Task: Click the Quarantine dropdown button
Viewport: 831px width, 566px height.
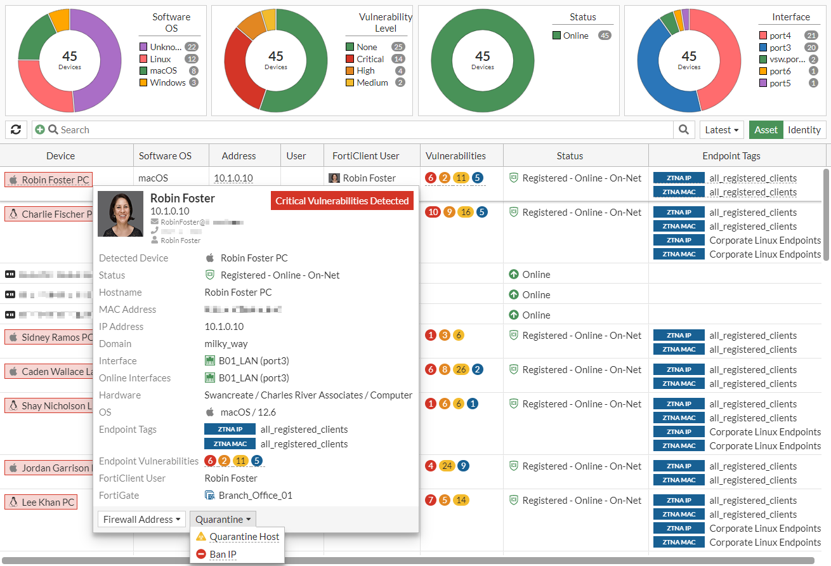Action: [223, 520]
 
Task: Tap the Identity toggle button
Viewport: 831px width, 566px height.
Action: [804, 130]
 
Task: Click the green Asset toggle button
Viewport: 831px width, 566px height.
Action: [766, 130]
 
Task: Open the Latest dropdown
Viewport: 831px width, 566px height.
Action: [721, 130]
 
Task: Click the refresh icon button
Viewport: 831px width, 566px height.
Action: [16, 130]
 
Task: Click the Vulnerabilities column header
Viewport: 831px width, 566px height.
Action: [455, 156]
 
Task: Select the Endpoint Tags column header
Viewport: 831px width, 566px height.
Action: [731, 156]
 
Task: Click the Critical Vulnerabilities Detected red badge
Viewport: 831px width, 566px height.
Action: [342, 201]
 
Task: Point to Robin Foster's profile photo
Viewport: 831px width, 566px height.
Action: [121, 214]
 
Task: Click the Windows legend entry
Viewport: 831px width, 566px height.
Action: [167, 82]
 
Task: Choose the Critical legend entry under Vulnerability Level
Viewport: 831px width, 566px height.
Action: [370, 59]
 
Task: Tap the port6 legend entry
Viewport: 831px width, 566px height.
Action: [780, 71]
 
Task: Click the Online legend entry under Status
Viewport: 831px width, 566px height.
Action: [575, 36]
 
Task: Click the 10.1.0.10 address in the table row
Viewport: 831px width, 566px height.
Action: [233, 178]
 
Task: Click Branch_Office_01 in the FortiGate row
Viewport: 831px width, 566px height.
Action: [255, 496]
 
